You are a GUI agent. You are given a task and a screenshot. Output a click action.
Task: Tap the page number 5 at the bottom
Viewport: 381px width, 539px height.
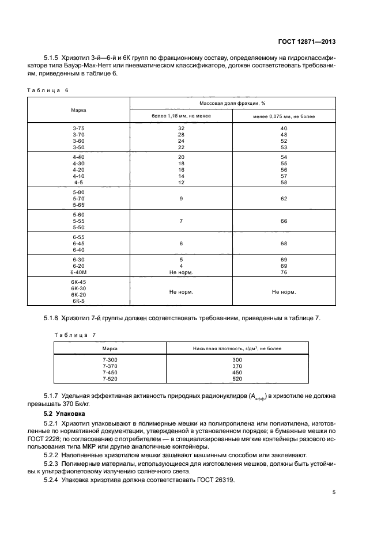(334, 492)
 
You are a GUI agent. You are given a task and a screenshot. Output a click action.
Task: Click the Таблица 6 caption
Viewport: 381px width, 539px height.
(49, 90)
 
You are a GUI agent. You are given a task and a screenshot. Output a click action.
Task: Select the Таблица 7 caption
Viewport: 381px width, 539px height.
(75, 335)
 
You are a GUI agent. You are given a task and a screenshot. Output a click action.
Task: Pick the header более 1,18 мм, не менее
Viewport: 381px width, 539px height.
(181, 116)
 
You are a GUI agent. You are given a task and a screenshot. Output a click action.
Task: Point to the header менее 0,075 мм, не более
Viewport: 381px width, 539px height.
(284, 116)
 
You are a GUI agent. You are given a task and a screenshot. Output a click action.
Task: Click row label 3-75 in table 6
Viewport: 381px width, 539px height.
(78, 128)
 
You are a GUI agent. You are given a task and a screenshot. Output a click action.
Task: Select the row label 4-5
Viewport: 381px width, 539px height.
(78, 183)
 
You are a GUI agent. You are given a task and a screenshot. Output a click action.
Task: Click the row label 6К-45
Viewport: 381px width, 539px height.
(78, 282)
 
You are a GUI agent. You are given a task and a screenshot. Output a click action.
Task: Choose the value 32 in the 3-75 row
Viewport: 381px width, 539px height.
(181, 128)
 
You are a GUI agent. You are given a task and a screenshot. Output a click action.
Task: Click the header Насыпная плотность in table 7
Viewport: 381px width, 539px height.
(237, 349)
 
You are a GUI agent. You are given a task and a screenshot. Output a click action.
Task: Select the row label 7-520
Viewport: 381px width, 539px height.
(110, 380)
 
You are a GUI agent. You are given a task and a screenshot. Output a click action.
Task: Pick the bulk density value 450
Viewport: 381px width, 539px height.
(237, 373)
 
